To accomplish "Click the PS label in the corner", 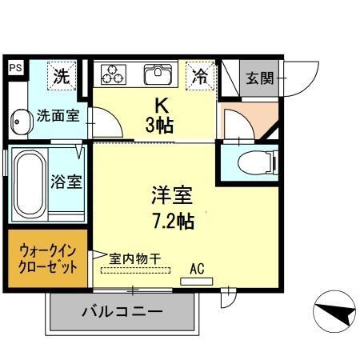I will pos(15,69).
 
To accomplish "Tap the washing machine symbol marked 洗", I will pos(61,77).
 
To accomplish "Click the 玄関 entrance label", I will pos(258,78).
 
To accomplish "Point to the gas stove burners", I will pos(113,75).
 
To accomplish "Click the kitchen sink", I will pos(156,75).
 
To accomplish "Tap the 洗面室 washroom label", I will pos(58,115).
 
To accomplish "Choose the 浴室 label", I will pos(67,182).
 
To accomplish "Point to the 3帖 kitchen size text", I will pos(161,125).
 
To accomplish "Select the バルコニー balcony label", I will pos(122,311).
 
